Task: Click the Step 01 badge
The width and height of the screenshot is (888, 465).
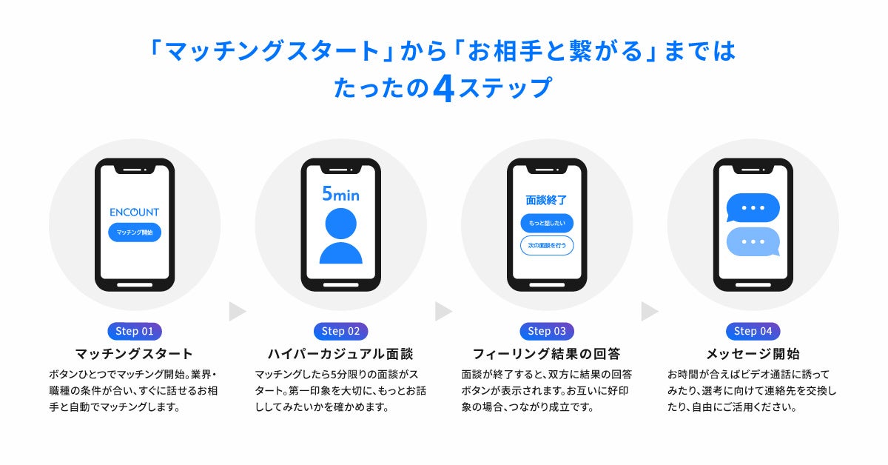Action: [135, 331]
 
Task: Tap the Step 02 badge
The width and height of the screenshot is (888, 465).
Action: [341, 331]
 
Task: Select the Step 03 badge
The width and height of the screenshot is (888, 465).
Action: [547, 331]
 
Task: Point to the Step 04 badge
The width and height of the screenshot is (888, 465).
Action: [753, 331]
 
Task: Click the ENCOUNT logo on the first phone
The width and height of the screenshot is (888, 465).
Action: [134, 212]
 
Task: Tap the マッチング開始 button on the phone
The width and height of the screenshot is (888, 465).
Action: [134, 232]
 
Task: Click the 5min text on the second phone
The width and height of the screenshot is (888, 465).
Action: [340, 195]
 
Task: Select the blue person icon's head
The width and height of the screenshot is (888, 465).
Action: [340, 223]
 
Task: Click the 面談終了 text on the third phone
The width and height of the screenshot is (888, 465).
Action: [546, 200]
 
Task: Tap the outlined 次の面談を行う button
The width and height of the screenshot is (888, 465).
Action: [547, 245]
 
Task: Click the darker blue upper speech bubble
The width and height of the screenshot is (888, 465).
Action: [753, 208]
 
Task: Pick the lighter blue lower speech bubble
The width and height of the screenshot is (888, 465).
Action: [753, 241]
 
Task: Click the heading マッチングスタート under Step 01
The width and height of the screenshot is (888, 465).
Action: [134, 354]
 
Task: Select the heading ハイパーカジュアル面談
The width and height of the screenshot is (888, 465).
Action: [340, 354]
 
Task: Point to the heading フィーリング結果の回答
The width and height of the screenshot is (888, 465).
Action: [546, 354]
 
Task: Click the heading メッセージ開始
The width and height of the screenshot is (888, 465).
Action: [753, 354]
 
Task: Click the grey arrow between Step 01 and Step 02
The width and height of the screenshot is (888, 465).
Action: [237, 312]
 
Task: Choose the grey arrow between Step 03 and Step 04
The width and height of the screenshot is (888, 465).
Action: [649, 312]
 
